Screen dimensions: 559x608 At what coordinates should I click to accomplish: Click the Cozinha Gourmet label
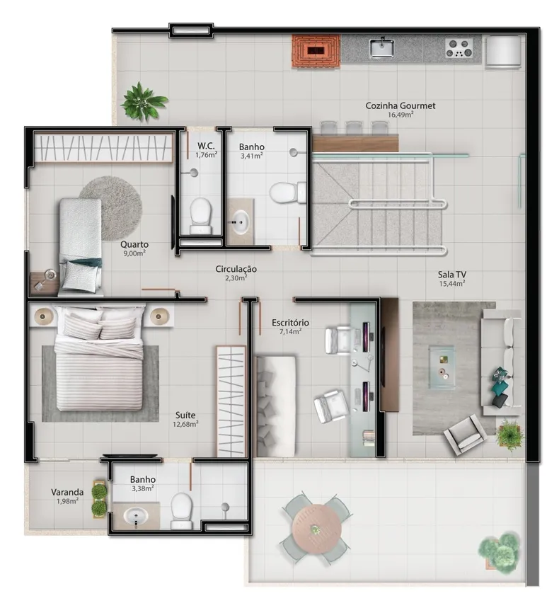click(400, 105)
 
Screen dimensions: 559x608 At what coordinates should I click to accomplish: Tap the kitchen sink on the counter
click(382, 48)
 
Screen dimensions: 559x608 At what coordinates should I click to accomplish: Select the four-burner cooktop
click(459, 48)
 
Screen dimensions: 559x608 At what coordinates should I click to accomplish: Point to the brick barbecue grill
click(316, 51)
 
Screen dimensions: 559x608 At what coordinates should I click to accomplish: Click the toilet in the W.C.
click(200, 216)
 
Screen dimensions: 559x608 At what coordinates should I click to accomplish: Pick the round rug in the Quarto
click(110, 207)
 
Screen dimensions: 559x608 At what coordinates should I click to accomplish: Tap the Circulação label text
click(236, 269)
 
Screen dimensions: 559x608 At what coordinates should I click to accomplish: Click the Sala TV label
click(451, 275)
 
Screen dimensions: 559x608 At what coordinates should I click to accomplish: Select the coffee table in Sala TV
click(442, 367)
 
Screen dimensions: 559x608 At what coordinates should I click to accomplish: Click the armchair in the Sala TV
click(464, 435)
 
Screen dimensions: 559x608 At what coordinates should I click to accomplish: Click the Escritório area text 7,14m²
click(290, 331)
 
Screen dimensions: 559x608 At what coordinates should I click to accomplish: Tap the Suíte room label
click(185, 415)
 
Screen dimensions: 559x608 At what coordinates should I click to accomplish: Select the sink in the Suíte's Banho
click(136, 516)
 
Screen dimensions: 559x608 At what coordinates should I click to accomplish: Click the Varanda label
click(67, 492)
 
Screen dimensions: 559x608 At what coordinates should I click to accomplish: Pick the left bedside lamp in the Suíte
click(43, 316)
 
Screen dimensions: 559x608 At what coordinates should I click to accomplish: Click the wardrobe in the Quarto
click(103, 147)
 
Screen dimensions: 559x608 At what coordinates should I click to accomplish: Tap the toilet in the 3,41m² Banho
click(287, 193)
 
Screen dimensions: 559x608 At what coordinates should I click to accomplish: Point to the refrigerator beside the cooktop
click(503, 52)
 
